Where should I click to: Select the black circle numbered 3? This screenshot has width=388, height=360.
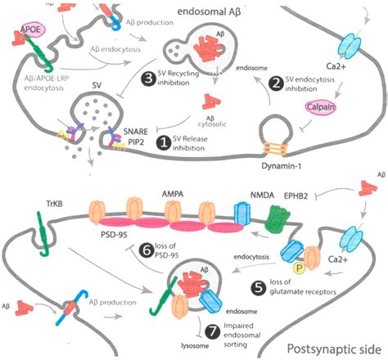(x=148, y=78)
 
